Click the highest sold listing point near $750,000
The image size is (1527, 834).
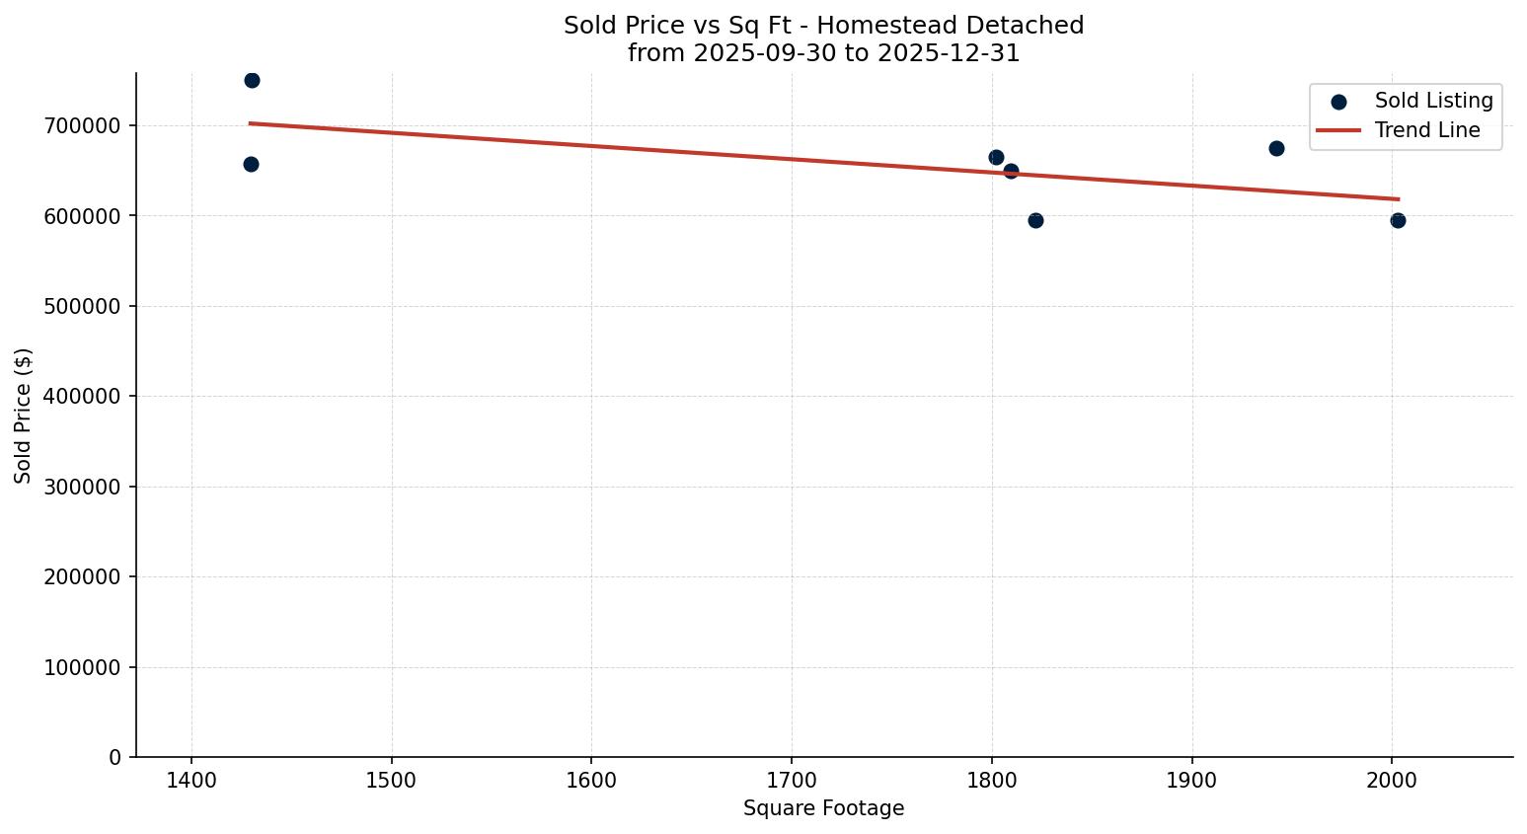(x=252, y=80)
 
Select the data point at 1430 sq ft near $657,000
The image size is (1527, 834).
(x=251, y=164)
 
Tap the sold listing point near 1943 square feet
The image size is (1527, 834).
(x=1276, y=148)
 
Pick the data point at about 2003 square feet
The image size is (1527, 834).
(x=1398, y=220)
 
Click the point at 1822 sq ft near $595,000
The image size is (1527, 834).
(x=1035, y=220)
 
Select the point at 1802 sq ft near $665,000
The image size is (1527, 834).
(x=996, y=157)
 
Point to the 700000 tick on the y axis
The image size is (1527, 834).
(x=83, y=125)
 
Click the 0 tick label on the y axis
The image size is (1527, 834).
(x=115, y=757)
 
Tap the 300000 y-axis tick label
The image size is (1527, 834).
(x=83, y=487)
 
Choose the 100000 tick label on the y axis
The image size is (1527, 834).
(x=83, y=667)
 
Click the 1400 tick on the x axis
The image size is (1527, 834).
(x=191, y=781)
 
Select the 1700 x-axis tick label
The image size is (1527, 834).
(x=792, y=781)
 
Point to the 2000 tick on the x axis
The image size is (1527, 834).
(x=1392, y=781)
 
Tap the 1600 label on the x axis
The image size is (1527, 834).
(x=591, y=781)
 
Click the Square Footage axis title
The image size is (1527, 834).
(x=823, y=808)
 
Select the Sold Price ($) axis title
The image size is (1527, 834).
(x=24, y=415)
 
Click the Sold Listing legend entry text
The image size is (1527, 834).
(x=1433, y=101)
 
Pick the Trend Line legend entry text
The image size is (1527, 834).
(x=1427, y=130)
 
